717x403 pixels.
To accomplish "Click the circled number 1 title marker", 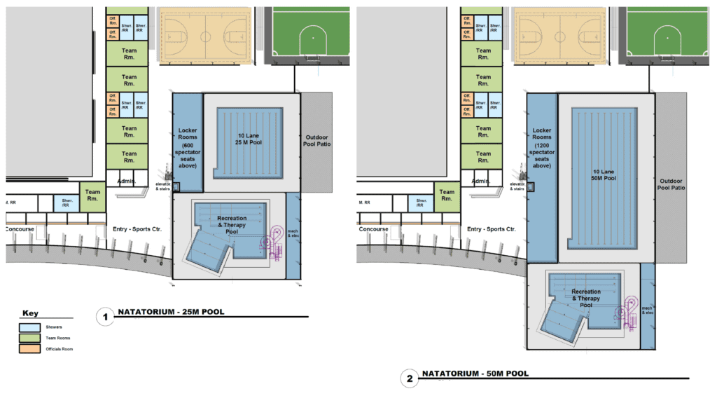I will point(105,317).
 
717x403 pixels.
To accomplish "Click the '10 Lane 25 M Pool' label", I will point(249,139).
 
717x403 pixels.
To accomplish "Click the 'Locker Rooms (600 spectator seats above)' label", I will point(188,148).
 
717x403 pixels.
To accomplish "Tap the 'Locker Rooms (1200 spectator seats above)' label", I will point(542,148).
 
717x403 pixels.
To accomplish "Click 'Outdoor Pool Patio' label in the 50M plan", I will point(671,184).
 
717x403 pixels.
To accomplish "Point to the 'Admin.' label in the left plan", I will point(126,181).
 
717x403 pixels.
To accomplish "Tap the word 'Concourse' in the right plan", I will point(373,229).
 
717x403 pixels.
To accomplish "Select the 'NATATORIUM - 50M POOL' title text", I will point(475,374).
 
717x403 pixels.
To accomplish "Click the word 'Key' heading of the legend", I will point(31,313).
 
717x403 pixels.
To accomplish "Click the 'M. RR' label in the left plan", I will point(11,202).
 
